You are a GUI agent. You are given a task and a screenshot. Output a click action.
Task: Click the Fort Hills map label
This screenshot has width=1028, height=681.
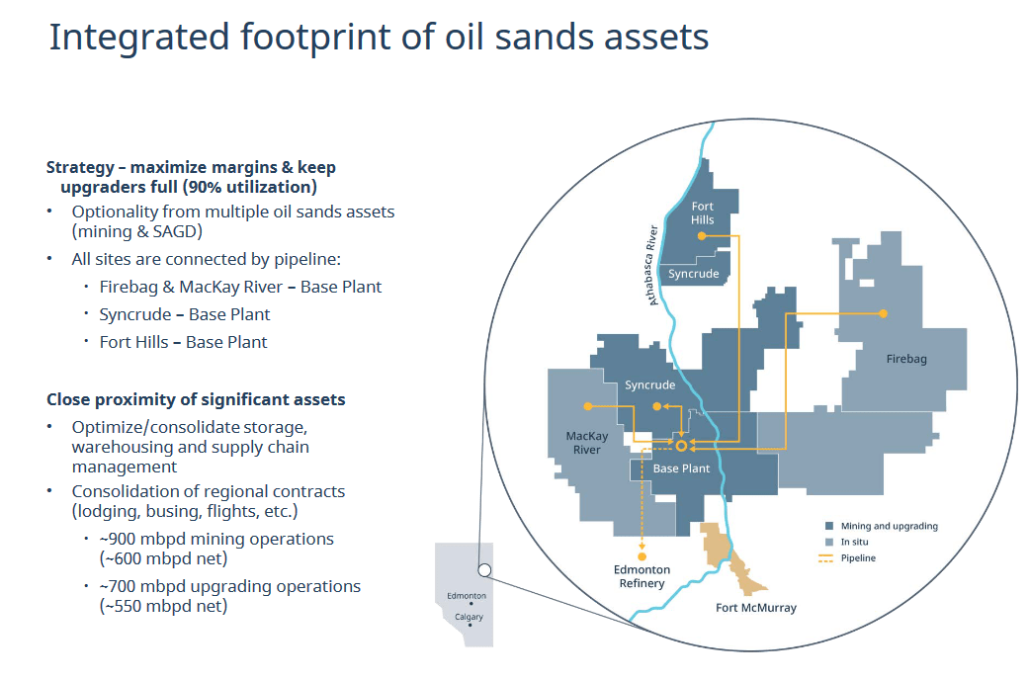702,213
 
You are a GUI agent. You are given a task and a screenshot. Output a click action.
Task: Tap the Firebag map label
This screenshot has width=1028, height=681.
905,360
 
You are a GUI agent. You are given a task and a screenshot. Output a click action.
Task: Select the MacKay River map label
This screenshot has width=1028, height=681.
583,443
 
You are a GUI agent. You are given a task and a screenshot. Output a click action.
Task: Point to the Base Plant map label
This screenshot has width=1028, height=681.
681,468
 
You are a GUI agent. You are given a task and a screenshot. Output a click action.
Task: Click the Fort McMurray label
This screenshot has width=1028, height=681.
755,608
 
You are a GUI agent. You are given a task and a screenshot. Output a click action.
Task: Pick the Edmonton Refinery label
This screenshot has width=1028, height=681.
642,577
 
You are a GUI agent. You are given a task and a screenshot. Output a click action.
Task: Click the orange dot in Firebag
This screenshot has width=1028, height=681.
883,313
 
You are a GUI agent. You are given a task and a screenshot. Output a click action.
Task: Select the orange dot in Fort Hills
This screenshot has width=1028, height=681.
703,235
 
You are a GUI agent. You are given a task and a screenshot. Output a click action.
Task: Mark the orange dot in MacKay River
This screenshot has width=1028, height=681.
588,406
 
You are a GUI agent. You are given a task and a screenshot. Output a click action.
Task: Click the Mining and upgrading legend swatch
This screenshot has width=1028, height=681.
828,526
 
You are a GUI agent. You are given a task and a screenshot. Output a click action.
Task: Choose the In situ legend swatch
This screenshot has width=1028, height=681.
828,542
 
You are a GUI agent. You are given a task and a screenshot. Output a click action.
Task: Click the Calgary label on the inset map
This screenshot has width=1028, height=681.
469,617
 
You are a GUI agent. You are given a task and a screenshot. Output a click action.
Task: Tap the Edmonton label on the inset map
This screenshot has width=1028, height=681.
466,596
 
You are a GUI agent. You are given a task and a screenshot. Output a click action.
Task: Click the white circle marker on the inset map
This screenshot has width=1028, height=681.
484,570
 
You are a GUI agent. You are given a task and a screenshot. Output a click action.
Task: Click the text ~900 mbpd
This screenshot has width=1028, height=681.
133,539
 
